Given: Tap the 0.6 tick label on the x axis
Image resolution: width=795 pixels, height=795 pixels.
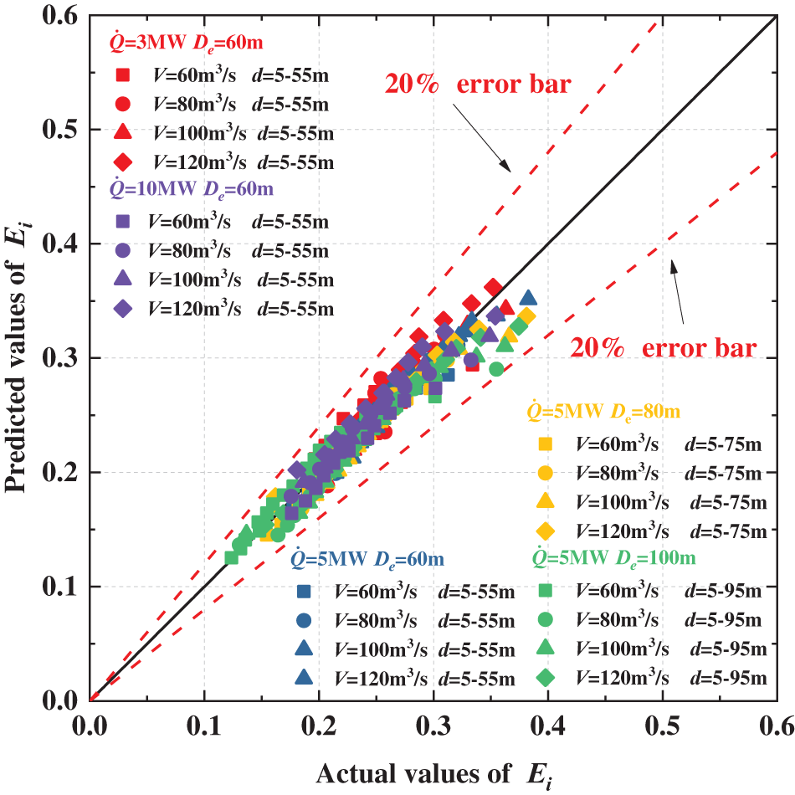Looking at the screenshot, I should (777, 722).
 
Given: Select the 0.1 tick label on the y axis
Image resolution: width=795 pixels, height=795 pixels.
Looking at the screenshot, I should (68, 587).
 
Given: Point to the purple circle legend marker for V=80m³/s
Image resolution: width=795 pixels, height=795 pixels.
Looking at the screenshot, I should (121, 250).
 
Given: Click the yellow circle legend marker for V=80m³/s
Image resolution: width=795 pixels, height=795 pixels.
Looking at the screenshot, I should (543, 473).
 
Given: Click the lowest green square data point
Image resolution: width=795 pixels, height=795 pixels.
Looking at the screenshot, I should (232, 557).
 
